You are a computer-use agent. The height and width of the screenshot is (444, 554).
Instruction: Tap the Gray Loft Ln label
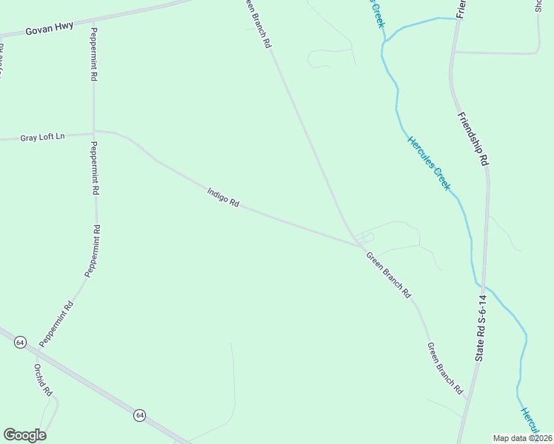43,138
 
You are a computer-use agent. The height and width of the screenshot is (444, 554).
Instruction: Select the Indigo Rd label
223,198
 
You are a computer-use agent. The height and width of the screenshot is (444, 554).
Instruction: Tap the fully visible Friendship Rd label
473,138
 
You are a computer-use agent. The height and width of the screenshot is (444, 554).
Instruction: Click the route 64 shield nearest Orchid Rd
20,343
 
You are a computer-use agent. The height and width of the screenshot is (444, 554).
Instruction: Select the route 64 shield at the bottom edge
139,415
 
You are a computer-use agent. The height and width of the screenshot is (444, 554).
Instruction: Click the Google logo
24,435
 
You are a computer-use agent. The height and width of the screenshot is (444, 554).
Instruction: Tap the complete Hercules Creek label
428,162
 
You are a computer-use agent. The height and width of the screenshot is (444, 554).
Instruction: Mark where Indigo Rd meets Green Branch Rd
360,245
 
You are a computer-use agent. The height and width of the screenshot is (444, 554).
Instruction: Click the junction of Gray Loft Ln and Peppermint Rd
93,133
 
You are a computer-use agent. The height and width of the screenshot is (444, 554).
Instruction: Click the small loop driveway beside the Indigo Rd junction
364,237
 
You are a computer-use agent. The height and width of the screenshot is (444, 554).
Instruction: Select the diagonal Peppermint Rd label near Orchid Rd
57,323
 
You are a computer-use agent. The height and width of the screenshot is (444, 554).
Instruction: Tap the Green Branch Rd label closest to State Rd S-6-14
444,368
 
